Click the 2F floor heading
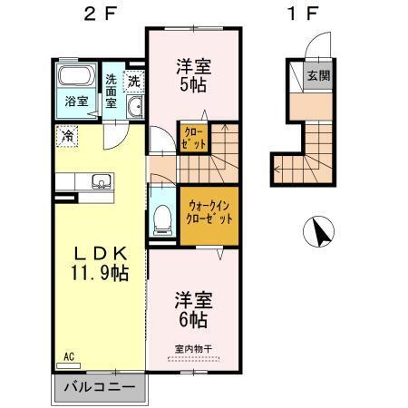pyautogui.click(x=100, y=15)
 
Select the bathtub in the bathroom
pyautogui.click(x=75, y=76)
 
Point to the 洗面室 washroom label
pyautogui.click(x=110, y=90)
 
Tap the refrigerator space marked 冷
pyautogui.click(x=68, y=136)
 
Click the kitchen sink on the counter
pyautogui.click(x=100, y=180)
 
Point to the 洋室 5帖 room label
pyautogui.click(x=193, y=73)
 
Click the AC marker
pyautogui.click(x=68, y=357)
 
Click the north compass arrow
pyautogui.click(x=319, y=232)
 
